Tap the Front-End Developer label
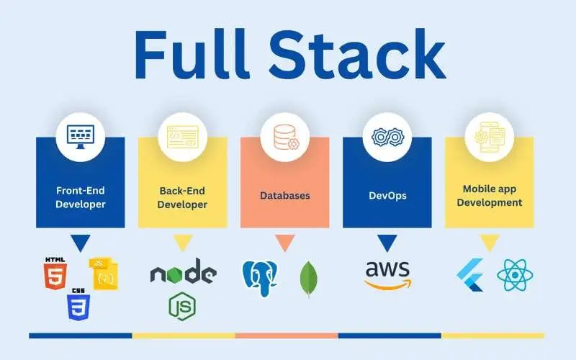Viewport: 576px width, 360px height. point(81,197)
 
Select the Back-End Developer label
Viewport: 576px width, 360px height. point(183,197)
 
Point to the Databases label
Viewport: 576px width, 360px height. point(284,195)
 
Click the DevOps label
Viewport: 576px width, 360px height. point(387,195)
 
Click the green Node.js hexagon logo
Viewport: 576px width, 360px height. point(182,305)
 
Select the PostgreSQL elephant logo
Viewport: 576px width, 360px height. point(261,278)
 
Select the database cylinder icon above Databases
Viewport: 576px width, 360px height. point(284,137)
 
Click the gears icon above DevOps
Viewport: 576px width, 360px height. point(387,137)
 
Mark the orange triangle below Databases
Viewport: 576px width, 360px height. point(284,243)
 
